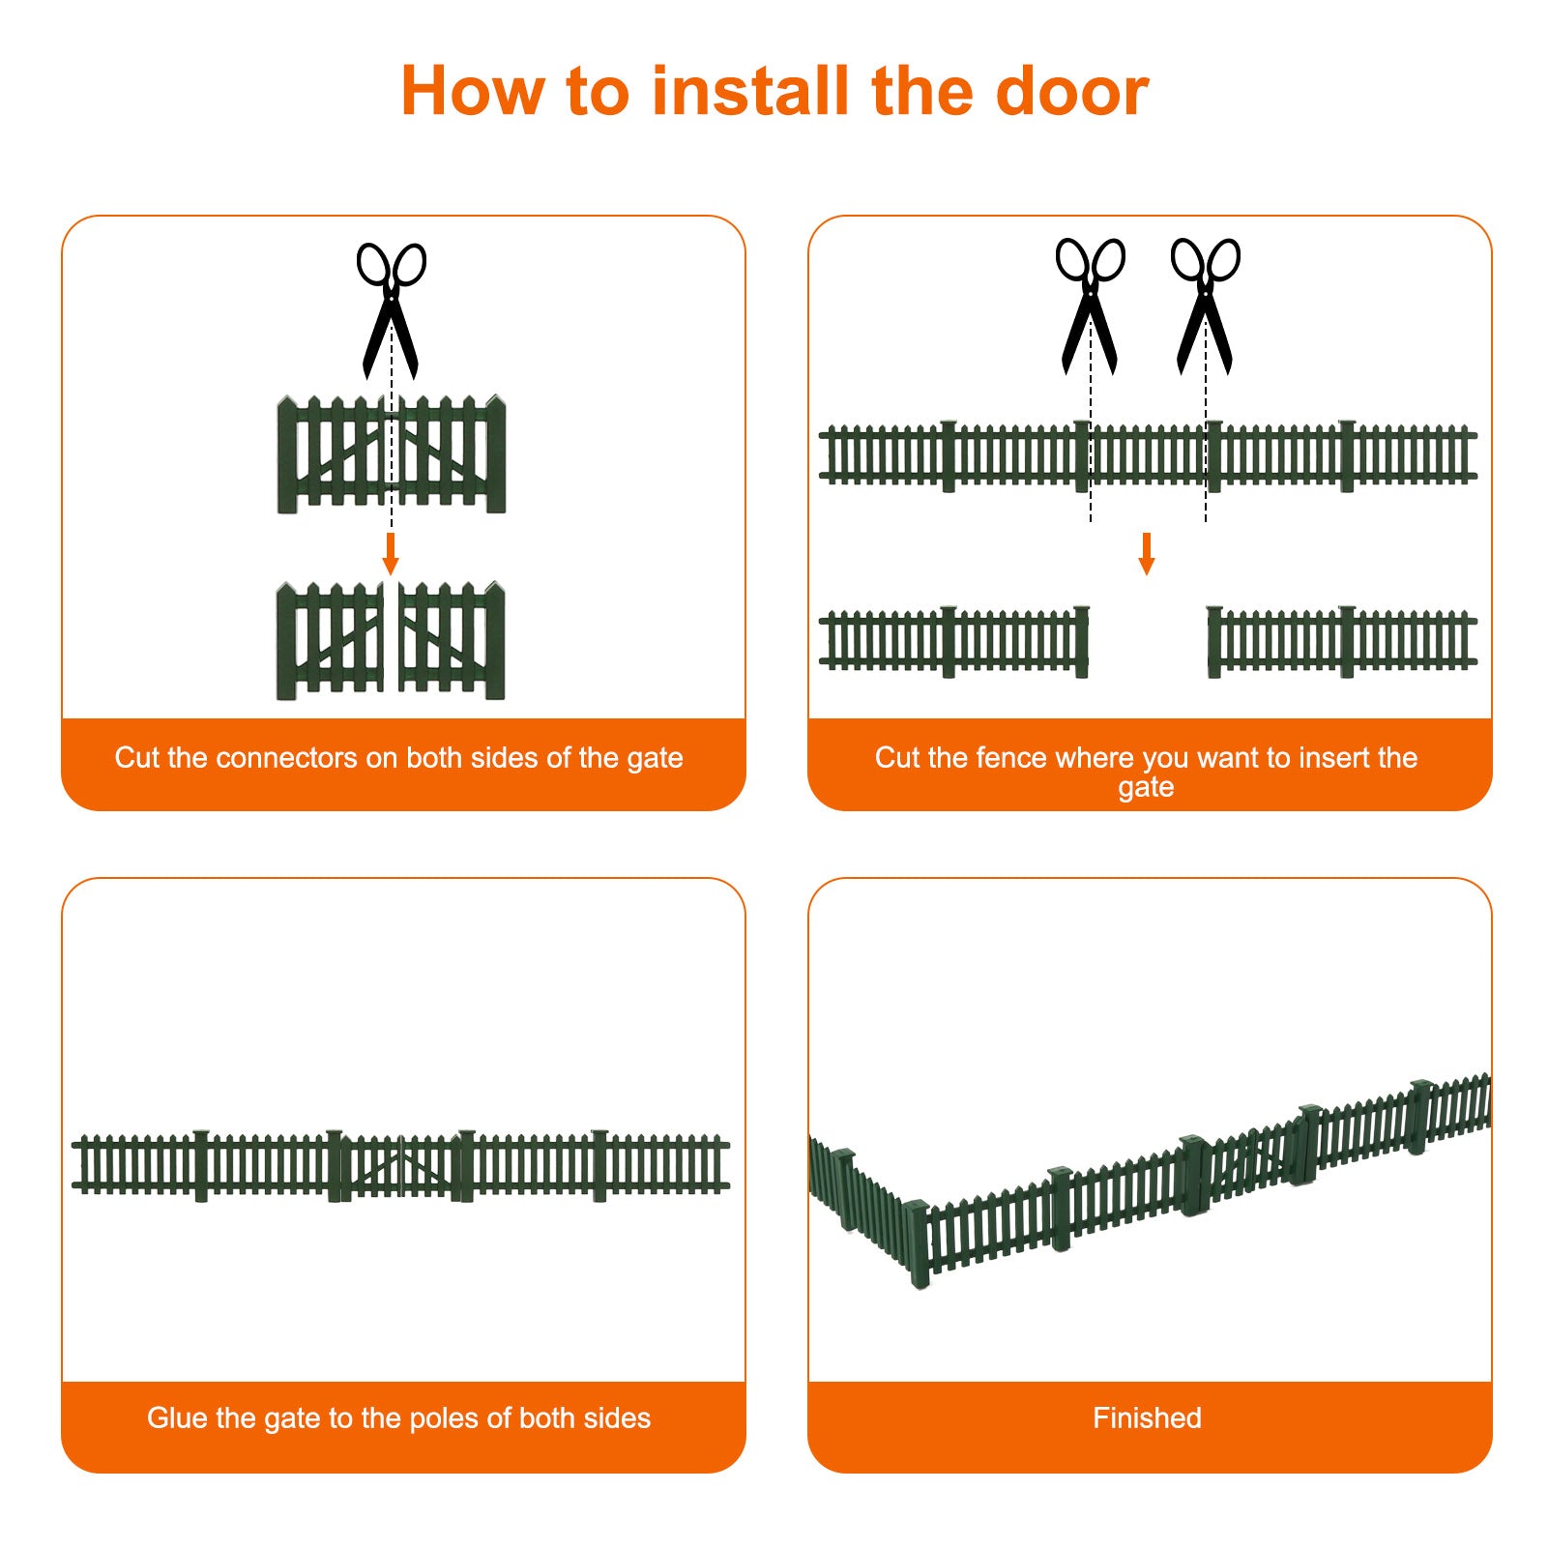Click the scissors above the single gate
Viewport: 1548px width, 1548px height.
click(391, 309)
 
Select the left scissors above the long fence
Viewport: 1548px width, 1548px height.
click(1090, 306)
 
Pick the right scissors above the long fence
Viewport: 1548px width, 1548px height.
click(1205, 306)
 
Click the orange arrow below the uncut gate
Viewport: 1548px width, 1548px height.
click(391, 553)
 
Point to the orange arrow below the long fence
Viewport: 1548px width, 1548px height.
click(1147, 553)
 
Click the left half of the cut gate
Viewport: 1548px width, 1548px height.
click(330, 640)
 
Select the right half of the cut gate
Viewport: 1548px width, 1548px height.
click(452, 640)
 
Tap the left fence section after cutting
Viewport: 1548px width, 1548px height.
click(954, 641)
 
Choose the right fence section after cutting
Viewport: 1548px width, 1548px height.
click(1342, 641)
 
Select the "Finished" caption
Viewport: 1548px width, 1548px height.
click(1147, 1417)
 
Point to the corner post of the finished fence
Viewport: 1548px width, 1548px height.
click(919, 1243)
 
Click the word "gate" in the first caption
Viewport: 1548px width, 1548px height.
click(654, 759)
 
